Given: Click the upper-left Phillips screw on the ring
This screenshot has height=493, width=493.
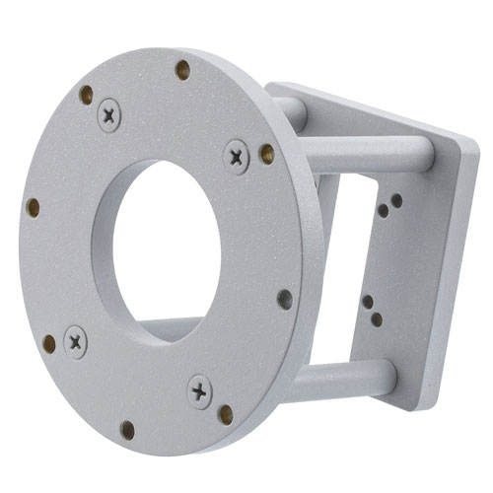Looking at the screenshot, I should [108, 115].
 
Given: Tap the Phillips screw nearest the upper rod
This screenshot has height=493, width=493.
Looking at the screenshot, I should [237, 156].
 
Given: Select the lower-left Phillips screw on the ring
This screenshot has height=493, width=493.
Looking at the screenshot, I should [75, 341].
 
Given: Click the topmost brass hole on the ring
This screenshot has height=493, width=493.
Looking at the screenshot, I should [182, 69].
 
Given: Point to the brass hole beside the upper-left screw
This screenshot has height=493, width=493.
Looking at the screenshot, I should [86, 95].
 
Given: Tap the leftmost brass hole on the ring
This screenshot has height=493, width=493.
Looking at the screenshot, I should [33, 207].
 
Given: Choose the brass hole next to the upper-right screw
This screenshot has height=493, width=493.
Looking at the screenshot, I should [267, 153].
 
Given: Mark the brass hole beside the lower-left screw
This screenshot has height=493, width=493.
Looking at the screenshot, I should [49, 343].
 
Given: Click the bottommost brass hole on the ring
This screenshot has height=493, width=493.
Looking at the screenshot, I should [127, 429].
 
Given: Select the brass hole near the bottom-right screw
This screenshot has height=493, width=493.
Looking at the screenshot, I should [226, 413].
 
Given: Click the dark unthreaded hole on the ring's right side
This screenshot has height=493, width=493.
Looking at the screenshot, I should [285, 298].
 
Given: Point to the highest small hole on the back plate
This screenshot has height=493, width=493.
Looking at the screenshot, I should [396, 200].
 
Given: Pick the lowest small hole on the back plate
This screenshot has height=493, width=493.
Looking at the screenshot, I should [377, 319].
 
